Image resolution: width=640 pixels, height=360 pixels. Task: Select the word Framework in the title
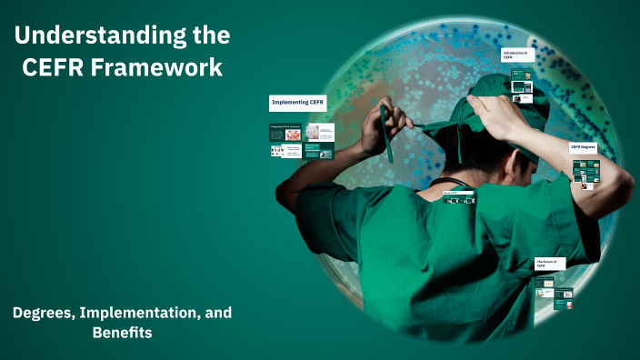(x=163, y=68)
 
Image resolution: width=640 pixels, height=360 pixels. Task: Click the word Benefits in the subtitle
(x=122, y=333)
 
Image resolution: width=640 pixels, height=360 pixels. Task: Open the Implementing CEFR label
(x=298, y=103)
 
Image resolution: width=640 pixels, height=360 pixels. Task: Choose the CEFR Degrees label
(x=583, y=145)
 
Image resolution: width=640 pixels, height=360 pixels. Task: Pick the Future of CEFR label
(x=548, y=263)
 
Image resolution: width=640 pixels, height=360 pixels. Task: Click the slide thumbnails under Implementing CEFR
(x=301, y=141)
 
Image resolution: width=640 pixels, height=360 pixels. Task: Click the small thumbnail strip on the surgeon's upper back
(x=458, y=197)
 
